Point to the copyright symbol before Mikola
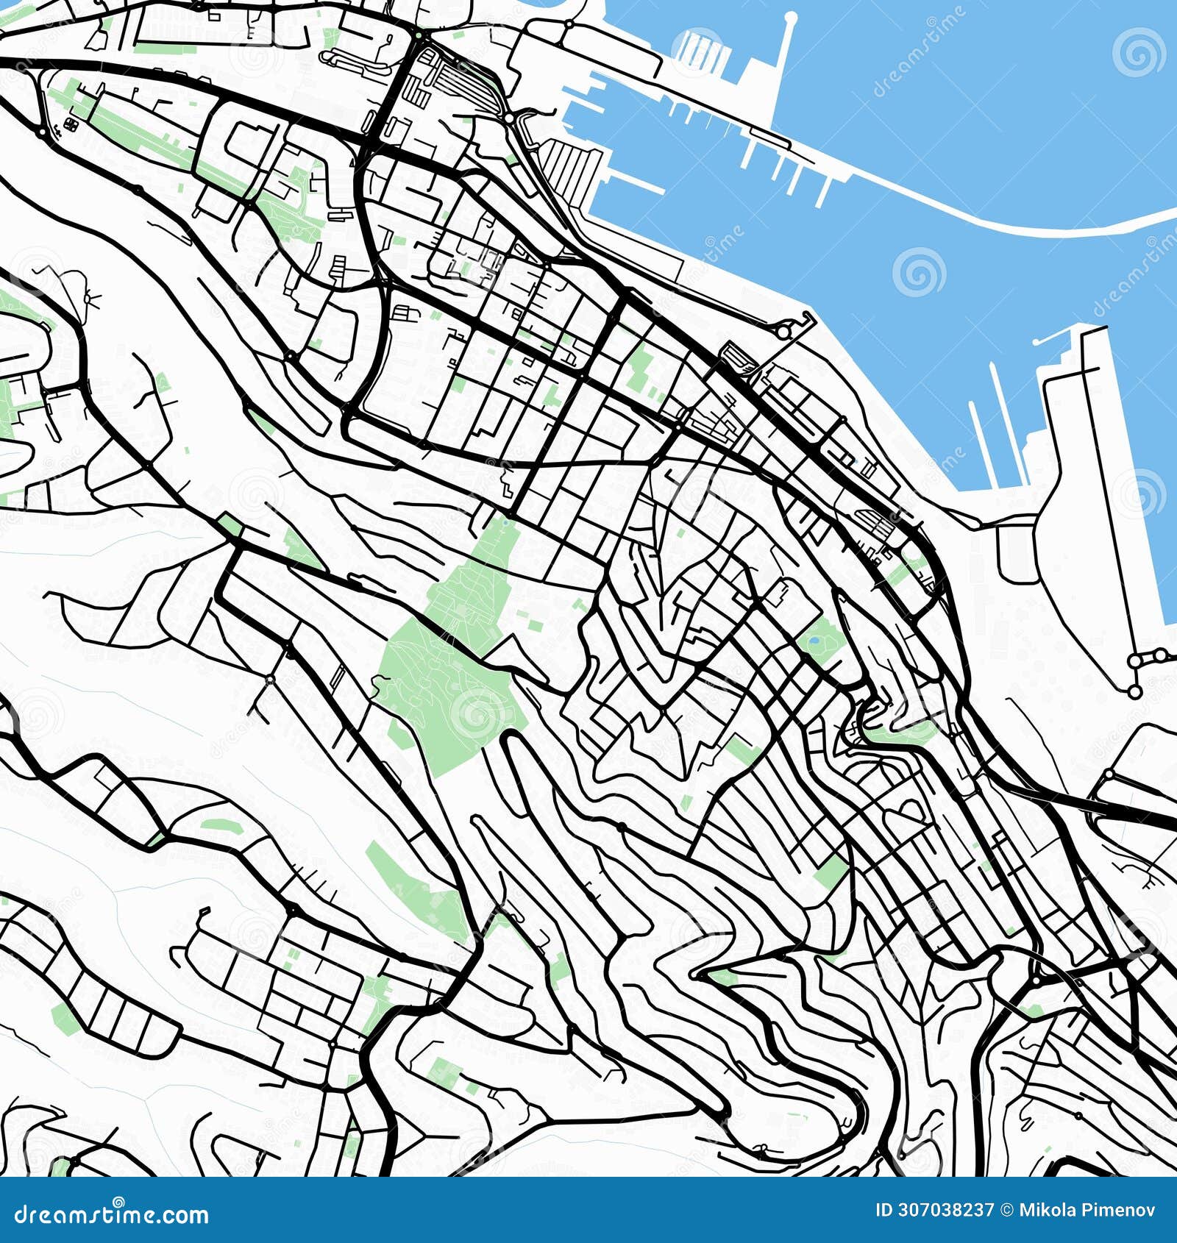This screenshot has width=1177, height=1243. tap(1006, 1211)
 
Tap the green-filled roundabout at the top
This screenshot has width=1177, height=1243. tap(418, 35)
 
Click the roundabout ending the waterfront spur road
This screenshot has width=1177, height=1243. tap(784, 332)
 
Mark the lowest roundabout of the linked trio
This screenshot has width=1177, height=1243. tap(1134, 691)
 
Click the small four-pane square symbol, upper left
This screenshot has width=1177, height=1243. tap(71, 124)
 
